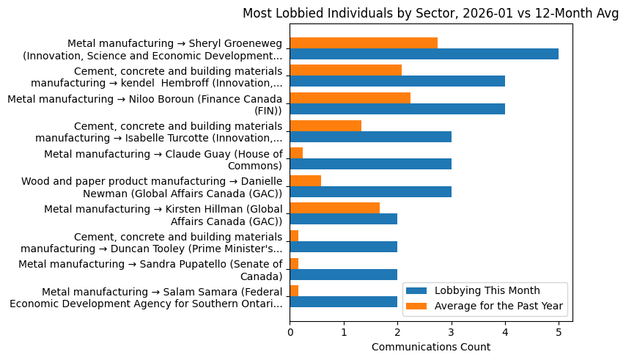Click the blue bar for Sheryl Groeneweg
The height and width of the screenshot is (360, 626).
coord(424,54)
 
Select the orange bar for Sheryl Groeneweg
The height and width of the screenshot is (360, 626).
coord(364,43)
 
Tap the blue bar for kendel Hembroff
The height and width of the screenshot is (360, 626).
coord(397,81)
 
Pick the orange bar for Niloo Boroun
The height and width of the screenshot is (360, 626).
coord(350,98)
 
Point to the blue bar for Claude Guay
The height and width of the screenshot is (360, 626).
coord(370,164)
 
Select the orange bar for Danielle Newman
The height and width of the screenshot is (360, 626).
coord(305,180)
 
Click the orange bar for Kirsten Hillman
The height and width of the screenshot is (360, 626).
coord(334,208)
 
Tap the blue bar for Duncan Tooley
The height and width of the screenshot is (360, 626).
coord(343,247)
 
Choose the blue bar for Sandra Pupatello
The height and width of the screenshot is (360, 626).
coord(343,274)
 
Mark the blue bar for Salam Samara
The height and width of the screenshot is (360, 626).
coord(343,302)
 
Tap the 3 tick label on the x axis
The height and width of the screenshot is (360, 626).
coord(451,332)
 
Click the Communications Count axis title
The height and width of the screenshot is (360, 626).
coord(431,347)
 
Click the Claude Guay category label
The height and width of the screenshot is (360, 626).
coord(163,159)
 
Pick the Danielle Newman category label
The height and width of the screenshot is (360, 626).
coord(152,187)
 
